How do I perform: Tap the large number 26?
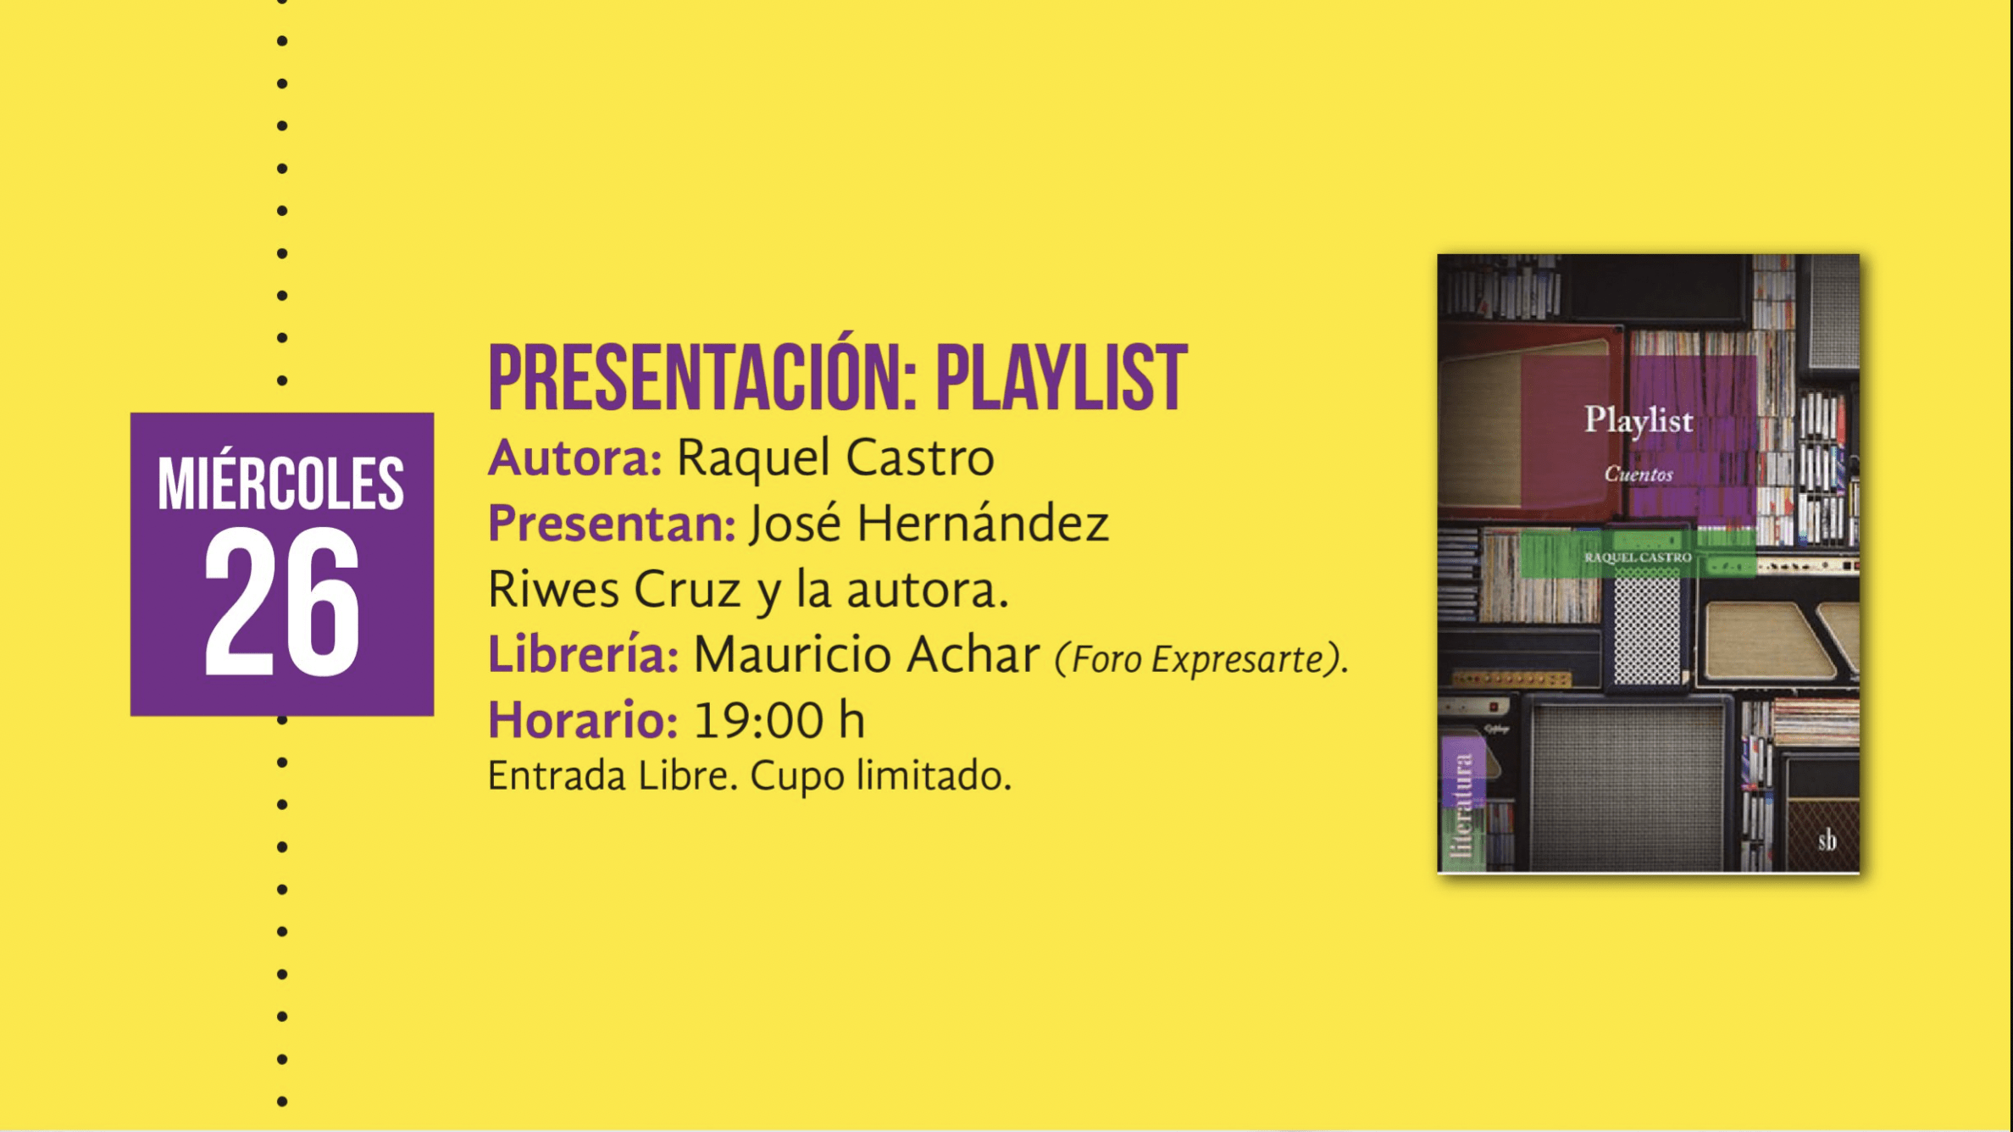[282, 602]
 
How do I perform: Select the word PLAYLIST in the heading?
[1062, 379]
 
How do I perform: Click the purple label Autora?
[574, 458]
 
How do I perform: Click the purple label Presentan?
[612, 524]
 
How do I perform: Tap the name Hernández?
[983, 522]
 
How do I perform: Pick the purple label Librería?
[583, 654]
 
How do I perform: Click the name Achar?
[973, 654]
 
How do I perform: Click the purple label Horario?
[583, 720]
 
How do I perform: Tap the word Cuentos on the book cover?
[1639, 474]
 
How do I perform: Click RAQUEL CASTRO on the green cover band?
[1638, 557]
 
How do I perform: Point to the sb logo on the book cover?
[1827, 841]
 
